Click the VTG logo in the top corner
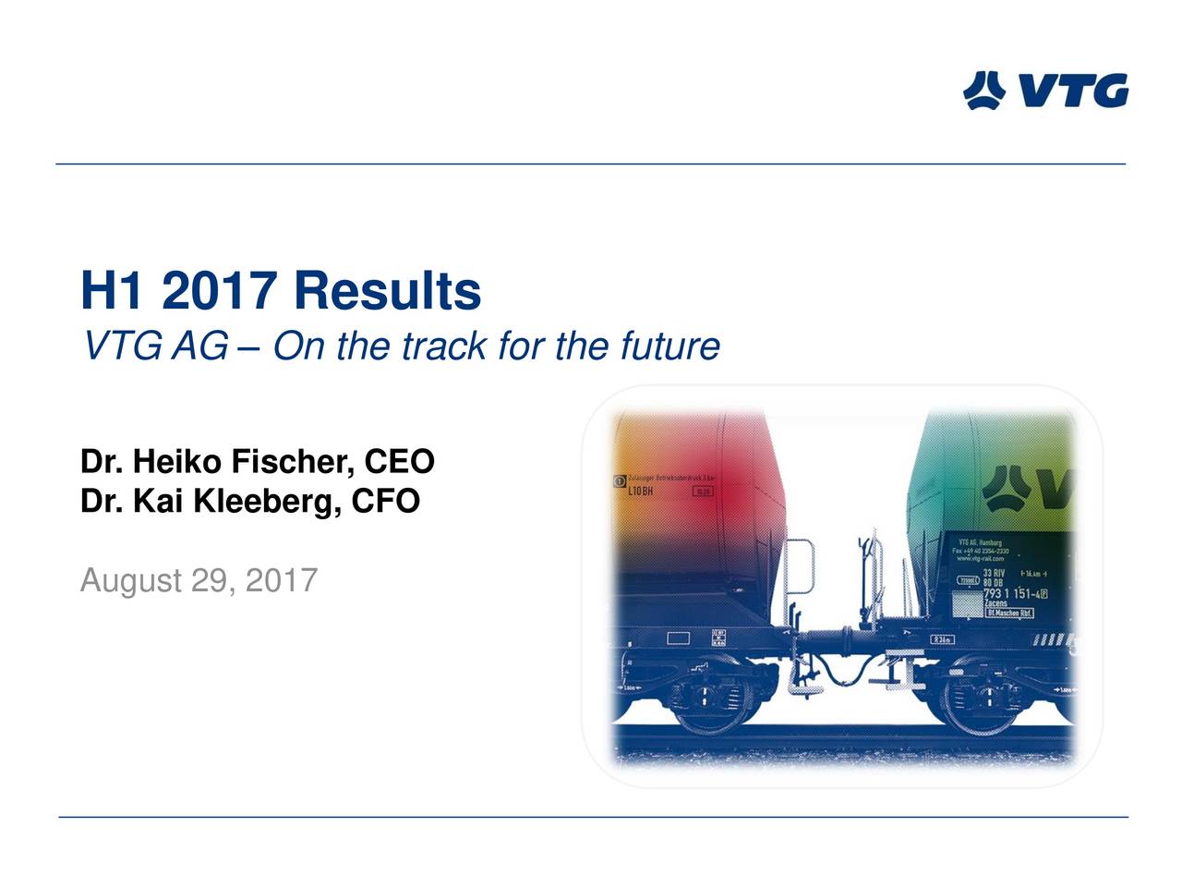1045,91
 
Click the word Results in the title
388,291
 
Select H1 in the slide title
112,291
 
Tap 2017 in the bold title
219,291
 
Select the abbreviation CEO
399,461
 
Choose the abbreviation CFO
385,501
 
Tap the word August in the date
130,581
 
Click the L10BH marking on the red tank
640,491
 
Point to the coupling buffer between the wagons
836,639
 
